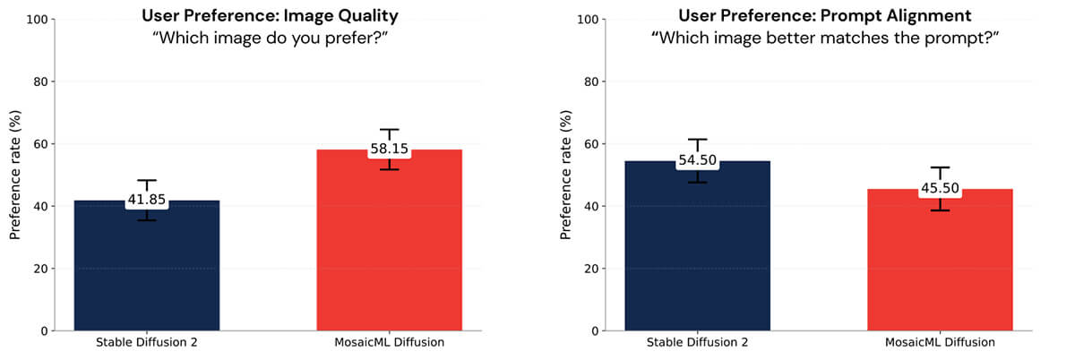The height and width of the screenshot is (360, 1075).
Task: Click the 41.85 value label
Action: [146, 201]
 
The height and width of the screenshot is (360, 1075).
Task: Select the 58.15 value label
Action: [390, 149]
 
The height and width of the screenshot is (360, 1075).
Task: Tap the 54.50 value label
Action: [697, 160]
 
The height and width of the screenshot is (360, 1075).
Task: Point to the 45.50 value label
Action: [940, 189]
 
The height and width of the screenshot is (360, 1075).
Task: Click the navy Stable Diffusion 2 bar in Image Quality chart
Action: [146, 269]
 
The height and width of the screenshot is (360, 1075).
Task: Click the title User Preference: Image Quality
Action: [268, 14]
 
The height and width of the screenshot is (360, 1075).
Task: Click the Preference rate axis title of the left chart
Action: [15, 175]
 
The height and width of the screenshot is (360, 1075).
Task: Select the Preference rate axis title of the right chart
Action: [565, 175]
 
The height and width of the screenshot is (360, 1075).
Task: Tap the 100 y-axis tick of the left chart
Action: [39, 19]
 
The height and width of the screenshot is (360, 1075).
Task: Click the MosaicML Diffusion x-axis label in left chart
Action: [390, 343]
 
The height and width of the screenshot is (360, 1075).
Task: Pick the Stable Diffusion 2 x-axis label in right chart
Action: [697, 343]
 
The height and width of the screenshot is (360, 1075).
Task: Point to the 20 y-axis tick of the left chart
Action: [42, 269]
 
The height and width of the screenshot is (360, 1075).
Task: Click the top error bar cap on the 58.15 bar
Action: [390, 129]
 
